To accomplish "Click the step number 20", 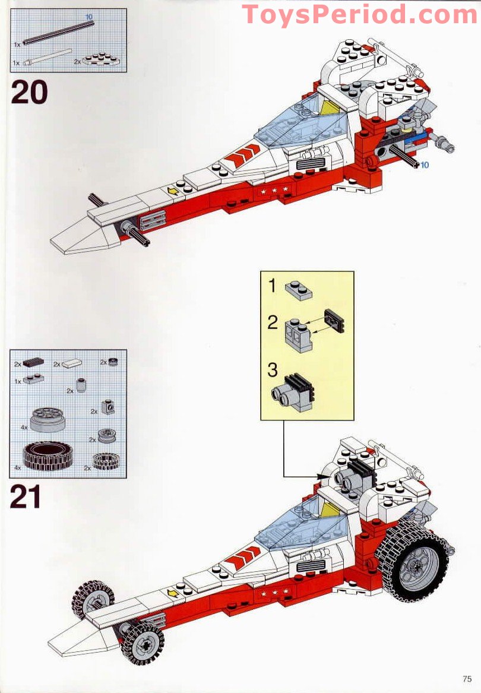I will (x=29, y=93).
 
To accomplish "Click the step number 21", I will (x=26, y=497).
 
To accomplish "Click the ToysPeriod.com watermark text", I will (x=360, y=14).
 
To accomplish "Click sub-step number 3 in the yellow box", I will (x=272, y=370).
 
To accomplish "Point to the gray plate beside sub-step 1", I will (x=298, y=290).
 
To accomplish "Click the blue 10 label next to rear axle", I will (x=425, y=164).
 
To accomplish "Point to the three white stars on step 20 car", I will (x=274, y=191).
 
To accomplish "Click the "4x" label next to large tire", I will (x=17, y=467).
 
